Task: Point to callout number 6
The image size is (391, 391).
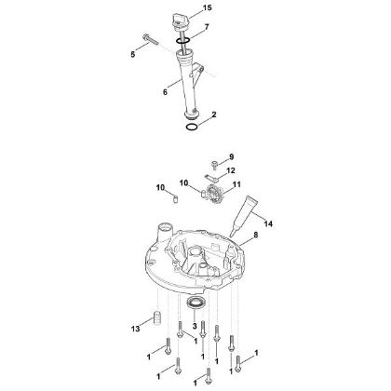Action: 164,91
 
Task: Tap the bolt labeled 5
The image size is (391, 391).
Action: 152,38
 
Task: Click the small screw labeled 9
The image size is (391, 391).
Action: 215,161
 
